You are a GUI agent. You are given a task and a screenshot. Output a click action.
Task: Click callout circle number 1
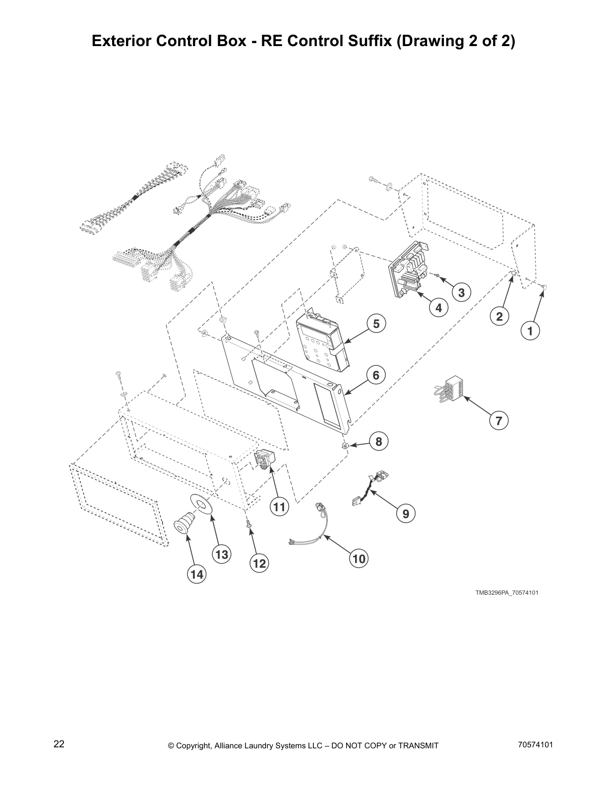click(x=530, y=331)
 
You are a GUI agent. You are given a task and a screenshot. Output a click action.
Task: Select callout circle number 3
click(x=461, y=293)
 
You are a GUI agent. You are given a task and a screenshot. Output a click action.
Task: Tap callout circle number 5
click(x=376, y=324)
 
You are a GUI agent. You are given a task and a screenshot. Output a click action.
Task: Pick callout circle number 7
click(x=499, y=421)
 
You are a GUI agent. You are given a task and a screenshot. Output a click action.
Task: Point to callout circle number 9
click(x=406, y=514)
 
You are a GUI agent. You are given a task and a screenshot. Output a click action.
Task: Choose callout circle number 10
click(x=359, y=559)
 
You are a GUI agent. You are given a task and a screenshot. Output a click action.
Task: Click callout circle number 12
click(x=259, y=563)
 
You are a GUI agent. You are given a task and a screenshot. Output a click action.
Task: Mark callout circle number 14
click(x=196, y=574)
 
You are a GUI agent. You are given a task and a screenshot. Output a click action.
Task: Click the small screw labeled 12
click(x=247, y=523)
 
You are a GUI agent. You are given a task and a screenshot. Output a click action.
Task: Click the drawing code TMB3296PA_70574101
click(x=507, y=592)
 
